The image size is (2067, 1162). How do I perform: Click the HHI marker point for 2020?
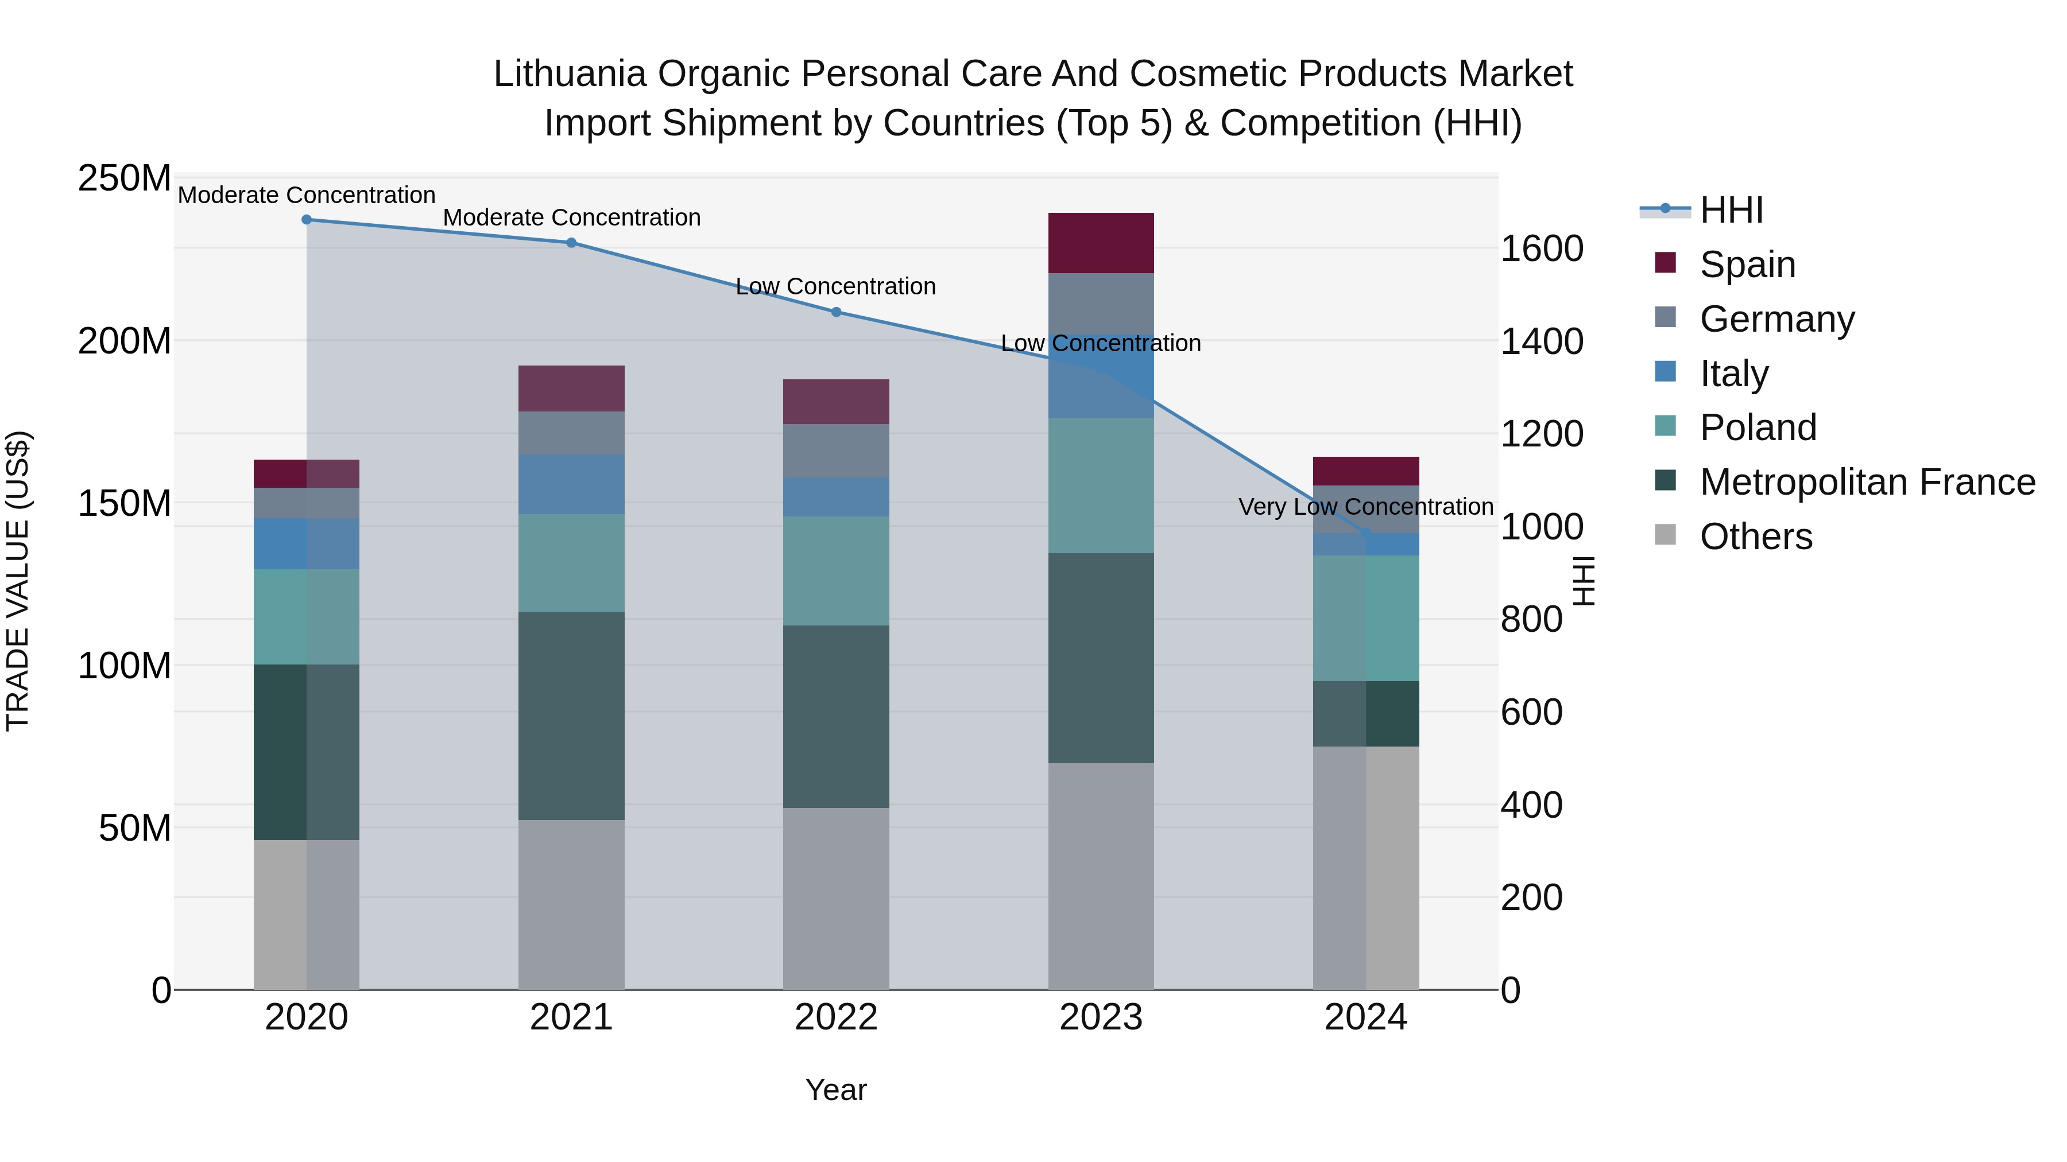click(307, 220)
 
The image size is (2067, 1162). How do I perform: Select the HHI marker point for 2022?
click(836, 312)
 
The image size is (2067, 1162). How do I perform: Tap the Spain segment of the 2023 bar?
click(1101, 243)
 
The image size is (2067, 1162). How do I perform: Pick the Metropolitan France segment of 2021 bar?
click(571, 716)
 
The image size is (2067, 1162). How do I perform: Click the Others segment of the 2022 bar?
click(836, 898)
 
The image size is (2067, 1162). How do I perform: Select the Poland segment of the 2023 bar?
click(1101, 485)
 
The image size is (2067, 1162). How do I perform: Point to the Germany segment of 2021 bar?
click(571, 433)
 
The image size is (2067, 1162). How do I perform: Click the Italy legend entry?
click(1733, 374)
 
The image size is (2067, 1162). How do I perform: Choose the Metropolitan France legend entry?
click(1867, 482)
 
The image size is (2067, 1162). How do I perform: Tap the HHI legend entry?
click(1731, 210)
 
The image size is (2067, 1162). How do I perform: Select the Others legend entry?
click(1755, 537)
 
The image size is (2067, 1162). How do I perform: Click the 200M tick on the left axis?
click(125, 341)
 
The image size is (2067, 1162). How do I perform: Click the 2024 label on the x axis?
click(1366, 1017)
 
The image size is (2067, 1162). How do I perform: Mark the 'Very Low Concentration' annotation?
click(1366, 507)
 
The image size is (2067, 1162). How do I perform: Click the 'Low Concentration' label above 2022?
click(836, 286)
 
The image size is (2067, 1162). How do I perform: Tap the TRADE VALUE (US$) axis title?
click(18, 581)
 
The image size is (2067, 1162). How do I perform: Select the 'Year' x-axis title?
click(836, 1090)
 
